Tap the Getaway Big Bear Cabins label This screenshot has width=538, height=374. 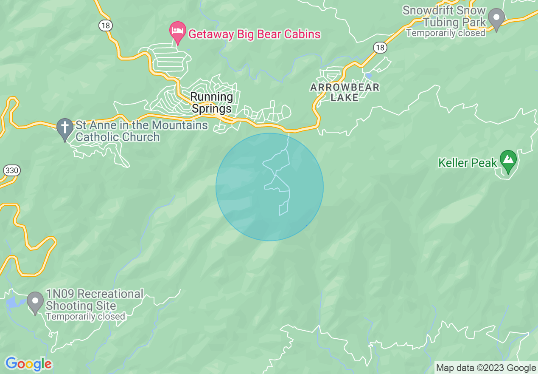(254, 34)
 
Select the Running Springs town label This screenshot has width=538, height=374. (212, 102)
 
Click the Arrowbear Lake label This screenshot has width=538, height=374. (345, 92)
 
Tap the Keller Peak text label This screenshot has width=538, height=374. (468, 163)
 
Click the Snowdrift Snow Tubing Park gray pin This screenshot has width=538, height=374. (496, 19)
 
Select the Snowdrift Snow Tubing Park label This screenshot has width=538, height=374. (444, 16)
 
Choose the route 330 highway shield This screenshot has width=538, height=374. (11, 170)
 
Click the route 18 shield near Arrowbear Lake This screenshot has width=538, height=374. (380, 48)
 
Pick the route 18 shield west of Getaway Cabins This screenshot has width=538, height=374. (106, 25)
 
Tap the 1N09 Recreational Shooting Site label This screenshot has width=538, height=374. (94, 300)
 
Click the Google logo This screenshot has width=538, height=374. (28, 364)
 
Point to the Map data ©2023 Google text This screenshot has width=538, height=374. (486, 368)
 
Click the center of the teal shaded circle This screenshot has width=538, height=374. (269, 187)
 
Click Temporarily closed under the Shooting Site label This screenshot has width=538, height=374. (85, 317)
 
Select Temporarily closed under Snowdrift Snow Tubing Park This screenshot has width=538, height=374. (446, 33)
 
